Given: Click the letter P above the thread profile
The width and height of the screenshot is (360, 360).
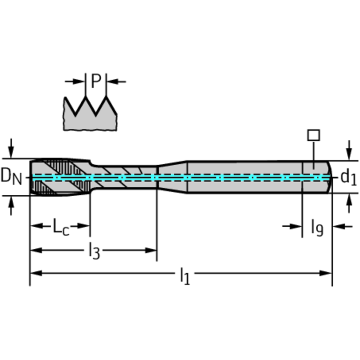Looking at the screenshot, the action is pyautogui.click(x=96, y=81).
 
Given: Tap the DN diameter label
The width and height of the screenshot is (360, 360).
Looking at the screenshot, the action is pyautogui.click(x=11, y=176).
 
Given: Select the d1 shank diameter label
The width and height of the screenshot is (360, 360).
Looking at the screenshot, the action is pyautogui.click(x=349, y=177).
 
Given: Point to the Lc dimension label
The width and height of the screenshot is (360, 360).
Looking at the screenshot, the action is pyautogui.click(x=61, y=227).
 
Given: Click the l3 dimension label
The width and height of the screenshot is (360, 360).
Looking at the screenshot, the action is pyautogui.click(x=94, y=251).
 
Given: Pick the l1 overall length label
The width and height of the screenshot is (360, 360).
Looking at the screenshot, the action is pyautogui.click(x=185, y=276).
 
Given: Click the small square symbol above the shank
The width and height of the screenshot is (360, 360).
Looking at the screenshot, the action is pyautogui.click(x=314, y=135).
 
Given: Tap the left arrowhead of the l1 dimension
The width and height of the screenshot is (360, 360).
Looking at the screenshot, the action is pyautogui.click(x=36, y=273).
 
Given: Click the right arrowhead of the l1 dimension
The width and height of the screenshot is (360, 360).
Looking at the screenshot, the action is pyautogui.click(x=326, y=273).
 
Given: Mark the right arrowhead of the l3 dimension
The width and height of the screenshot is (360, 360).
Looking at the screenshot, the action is pyautogui.click(x=151, y=250).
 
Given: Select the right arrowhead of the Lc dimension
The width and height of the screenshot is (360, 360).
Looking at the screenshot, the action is pyautogui.click(x=84, y=226).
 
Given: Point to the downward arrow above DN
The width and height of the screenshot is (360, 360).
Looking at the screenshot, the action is pyautogui.click(x=11, y=148).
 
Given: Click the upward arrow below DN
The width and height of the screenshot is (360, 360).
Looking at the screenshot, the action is pyautogui.click(x=11, y=206).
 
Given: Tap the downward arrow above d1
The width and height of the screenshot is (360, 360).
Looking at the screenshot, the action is pyautogui.click(x=349, y=150).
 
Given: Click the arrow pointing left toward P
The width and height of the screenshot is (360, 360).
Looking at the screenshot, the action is pyautogui.click(x=116, y=81).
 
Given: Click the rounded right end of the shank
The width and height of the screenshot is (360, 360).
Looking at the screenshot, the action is pyautogui.click(x=329, y=177).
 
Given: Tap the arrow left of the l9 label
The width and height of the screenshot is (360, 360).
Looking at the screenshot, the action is pyautogui.click(x=292, y=227).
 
